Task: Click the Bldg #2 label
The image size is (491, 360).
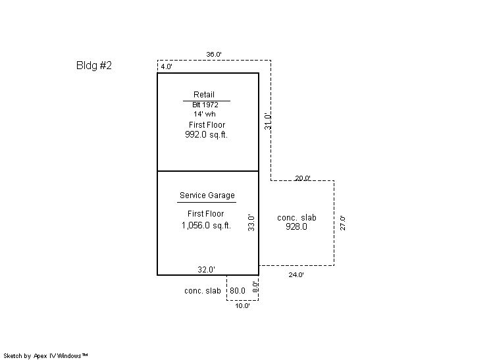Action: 94,65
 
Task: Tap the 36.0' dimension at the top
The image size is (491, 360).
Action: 214,54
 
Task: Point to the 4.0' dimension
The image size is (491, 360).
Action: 167,66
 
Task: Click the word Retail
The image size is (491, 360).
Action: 204,95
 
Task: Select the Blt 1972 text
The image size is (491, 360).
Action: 205,105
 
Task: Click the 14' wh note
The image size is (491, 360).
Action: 205,114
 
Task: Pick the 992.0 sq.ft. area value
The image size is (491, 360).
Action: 206,135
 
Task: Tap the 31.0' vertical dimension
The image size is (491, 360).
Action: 268,121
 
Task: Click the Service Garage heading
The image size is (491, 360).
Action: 207,195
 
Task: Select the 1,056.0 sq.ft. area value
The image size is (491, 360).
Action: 206,225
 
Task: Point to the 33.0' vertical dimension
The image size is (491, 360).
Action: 251,223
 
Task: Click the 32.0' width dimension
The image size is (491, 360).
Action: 207,270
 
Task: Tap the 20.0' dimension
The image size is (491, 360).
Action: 303,178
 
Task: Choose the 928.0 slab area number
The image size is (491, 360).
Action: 296,226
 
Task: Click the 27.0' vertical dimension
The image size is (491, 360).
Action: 343,223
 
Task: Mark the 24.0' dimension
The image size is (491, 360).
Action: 296,275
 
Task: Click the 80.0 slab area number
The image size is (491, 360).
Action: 238,291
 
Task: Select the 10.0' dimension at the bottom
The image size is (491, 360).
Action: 242,306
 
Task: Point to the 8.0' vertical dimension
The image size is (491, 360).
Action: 256,287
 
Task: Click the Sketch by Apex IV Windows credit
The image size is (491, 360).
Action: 45,356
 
